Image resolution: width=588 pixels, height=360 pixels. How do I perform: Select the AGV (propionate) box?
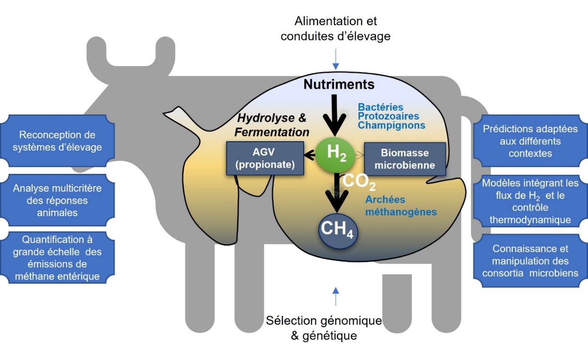pos(265,159)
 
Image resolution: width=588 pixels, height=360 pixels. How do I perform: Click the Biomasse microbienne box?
pos(405,159)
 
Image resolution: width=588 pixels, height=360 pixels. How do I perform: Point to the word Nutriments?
pos(339,85)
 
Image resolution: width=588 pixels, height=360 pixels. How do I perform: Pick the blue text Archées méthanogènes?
pos(401,206)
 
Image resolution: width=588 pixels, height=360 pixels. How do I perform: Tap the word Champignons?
pos(392,126)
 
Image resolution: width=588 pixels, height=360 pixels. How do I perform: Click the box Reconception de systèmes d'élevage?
pos(58,141)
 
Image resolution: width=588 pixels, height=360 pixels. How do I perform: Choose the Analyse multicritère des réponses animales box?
pos(58,200)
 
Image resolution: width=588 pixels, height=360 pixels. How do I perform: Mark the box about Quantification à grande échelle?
pos(58,258)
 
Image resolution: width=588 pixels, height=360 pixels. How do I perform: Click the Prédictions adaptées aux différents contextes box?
pos(530,141)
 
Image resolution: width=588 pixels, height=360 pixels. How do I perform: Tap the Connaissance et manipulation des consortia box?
pos(530,261)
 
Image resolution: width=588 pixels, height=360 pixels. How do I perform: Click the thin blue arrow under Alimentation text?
pos(335,60)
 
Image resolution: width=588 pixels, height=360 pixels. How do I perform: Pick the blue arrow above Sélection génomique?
pos(335,296)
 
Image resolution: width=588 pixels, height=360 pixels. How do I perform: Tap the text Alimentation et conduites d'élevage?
pos(335,28)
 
